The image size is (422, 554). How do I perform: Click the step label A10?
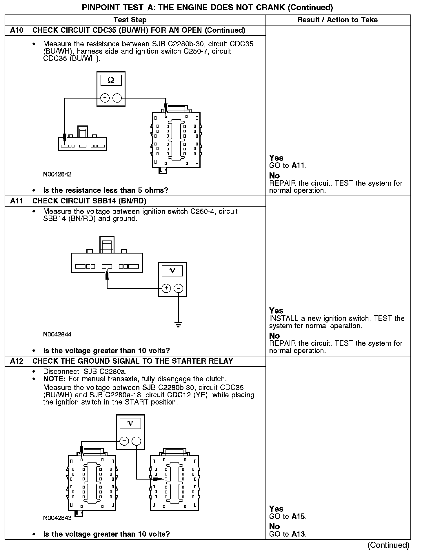click(17, 30)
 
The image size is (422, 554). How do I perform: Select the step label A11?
click(17, 201)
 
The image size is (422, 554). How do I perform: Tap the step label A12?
click(17, 361)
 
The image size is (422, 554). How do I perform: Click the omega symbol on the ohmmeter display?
click(111, 81)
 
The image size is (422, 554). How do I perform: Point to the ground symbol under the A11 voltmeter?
click(178, 325)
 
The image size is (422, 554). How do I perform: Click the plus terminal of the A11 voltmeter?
click(166, 288)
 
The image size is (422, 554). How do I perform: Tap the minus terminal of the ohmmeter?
click(117, 98)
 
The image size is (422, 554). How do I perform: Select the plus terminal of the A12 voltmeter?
click(124, 441)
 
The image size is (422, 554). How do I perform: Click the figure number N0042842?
click(57, 174)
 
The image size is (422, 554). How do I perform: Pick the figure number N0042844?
click(57, 334)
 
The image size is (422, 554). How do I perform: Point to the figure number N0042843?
click(57, 518)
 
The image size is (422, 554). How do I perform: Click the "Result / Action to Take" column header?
click(337, 20)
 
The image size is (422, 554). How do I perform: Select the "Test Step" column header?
click(130, 20)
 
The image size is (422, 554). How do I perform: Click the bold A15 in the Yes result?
click(299, 516)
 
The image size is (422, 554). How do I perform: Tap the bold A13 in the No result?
click(299, 534)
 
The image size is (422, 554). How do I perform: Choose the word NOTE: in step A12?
click(55, 379)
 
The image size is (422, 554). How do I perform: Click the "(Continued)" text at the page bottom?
click(388, 545)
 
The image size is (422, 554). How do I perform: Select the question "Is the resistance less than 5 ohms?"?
click(106, 190)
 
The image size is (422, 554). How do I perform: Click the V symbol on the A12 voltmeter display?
click(130, 424)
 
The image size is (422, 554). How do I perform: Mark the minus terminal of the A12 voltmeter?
click(136, 441)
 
